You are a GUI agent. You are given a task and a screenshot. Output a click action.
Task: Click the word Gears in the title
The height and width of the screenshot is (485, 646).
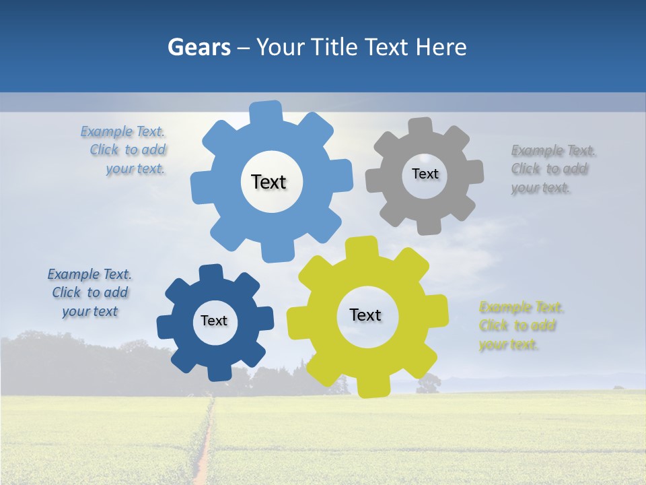(x=199, y=47)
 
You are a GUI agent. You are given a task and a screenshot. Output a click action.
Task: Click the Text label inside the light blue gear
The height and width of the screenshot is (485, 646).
(x=268, y=182)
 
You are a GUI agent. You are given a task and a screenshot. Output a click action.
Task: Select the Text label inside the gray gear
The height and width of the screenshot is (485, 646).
(x=425, y=174)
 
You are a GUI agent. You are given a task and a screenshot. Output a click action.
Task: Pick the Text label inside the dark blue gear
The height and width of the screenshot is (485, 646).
(x=214, y=321)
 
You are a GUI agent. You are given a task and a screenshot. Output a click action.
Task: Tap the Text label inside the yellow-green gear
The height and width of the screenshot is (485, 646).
(x=365, y=315)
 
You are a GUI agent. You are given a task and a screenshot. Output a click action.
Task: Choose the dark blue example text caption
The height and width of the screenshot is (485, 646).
(x=89, y=292)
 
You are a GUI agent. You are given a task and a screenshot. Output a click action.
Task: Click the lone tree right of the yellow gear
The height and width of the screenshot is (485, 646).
(x=429, y=383)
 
